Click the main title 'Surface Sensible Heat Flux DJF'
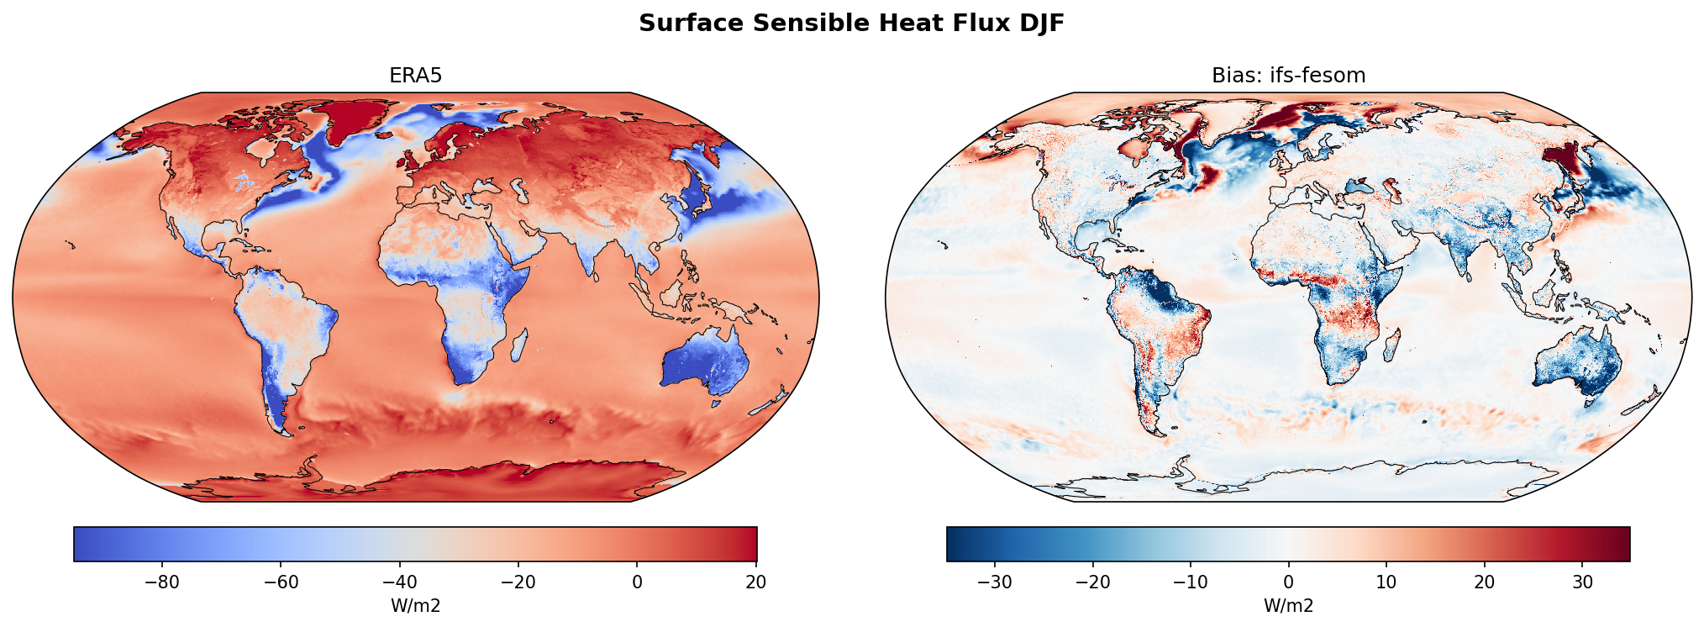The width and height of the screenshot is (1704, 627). click(x=851, y=24)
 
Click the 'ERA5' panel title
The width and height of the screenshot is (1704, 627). click(x=415, y=76)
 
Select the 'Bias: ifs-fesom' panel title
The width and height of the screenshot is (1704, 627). click(x=1288, y=76)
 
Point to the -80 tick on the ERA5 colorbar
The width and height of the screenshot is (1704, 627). click(x=163, y=582)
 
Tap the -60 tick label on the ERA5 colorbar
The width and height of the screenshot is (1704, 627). click(x=281, y=582)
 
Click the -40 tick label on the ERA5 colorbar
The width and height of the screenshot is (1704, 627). click(x=400, y=582)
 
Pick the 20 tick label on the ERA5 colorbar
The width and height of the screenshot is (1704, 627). click(x=755, y=582)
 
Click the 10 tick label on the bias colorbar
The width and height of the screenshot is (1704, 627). click(x=1386, y=582)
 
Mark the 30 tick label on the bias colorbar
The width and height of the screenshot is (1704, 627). click(x=1582, y=582)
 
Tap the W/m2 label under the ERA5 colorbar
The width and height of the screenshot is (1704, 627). click(x=415, y=606)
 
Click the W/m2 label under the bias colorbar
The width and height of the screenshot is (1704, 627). click(x=1288, y=606)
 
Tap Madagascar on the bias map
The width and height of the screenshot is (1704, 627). click(x=1391, y=345)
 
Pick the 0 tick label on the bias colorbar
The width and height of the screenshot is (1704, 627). click(x=1288, y=582)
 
